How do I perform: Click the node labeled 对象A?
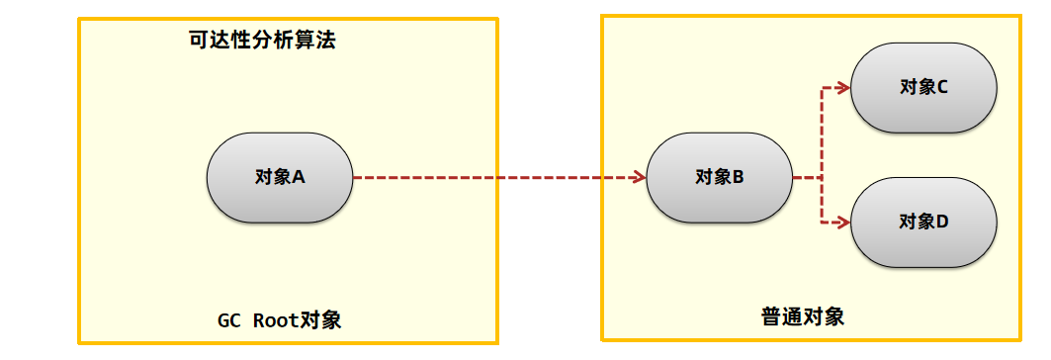point(280,178)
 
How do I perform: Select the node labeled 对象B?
point(719,178)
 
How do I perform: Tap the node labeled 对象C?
point(923,87)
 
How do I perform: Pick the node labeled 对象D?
point(923,222)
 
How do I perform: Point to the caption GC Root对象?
point(280,320)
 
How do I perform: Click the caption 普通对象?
point(803,317)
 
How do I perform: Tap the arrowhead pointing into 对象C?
point(843,87)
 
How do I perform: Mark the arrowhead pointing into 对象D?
point(843,222)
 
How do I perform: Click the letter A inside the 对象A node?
point(299,178)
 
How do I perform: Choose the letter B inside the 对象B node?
point(738,178)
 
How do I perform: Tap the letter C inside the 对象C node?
point(942,87)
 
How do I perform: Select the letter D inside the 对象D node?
point(942,222)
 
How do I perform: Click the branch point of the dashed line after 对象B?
point(823,178)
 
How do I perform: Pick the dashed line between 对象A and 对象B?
point(494,178)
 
